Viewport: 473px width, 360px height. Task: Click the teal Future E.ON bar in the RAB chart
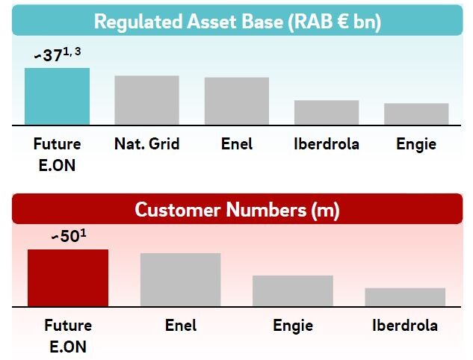click(57, 96)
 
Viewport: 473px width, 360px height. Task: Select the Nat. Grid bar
click(147, 100)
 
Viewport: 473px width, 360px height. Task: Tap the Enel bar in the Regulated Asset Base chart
click(237, 101)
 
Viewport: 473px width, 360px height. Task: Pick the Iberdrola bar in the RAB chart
click(327, 113)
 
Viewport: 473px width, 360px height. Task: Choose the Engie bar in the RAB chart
click(416, 114)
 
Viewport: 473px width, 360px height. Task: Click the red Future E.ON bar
click(68, 278)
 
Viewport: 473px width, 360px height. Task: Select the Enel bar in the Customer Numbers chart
click(180, 280)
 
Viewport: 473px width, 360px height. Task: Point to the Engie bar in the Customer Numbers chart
click(293, 291)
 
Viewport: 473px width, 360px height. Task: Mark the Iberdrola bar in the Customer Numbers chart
click(405, 297)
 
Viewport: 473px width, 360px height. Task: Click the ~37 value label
click(49, 55)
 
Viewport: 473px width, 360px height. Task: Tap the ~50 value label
click(66, 236)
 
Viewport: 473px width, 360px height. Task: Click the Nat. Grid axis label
click(147, 144)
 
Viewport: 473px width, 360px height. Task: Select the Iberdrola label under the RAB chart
click(327, 144)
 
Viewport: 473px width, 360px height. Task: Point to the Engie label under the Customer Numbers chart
click(293, 326)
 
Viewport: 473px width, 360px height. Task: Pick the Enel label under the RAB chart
click(237, 144)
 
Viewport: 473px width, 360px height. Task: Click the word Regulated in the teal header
click(138, 22)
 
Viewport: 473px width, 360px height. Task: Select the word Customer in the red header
click(177, 210)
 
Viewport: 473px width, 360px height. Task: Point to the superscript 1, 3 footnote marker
click(72, 52)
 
